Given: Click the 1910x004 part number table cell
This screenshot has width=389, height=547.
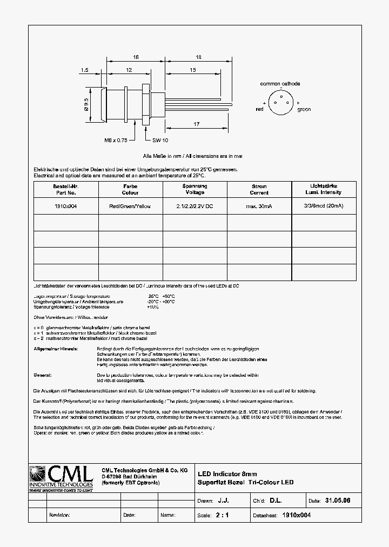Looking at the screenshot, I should click(65, 206).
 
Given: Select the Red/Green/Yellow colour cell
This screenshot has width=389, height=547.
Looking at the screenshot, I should click(130, 206).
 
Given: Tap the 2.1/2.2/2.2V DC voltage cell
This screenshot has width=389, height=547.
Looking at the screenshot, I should click(194, 206).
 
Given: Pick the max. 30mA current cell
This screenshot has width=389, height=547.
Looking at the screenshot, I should click(259, 206).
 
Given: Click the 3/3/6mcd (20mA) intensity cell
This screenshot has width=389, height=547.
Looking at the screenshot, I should click(324, 206).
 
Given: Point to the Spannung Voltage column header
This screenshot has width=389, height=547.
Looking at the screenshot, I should click(194, 189).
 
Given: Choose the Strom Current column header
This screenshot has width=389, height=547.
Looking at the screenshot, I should click(259, 189).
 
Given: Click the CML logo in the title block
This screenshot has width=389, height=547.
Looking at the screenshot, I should click(61, 477).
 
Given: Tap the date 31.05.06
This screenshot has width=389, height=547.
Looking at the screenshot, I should click(338, 501).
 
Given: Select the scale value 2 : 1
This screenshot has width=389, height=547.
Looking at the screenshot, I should click(222, 515).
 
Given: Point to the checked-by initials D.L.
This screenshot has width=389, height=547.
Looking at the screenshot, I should click(276, 501).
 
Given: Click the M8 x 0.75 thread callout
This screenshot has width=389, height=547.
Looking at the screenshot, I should click(116, 140).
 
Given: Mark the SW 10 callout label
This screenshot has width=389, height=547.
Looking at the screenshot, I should click(160, 140).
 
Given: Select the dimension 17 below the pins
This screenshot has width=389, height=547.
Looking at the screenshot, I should click(196, 124).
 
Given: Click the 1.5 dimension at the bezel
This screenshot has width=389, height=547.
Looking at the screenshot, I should click(84, 70).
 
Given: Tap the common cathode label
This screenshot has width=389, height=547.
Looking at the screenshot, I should click(280, 84).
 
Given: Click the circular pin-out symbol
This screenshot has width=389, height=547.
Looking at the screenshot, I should click(281, 103).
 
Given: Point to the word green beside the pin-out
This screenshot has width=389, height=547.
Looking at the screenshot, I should click(304, 109).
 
